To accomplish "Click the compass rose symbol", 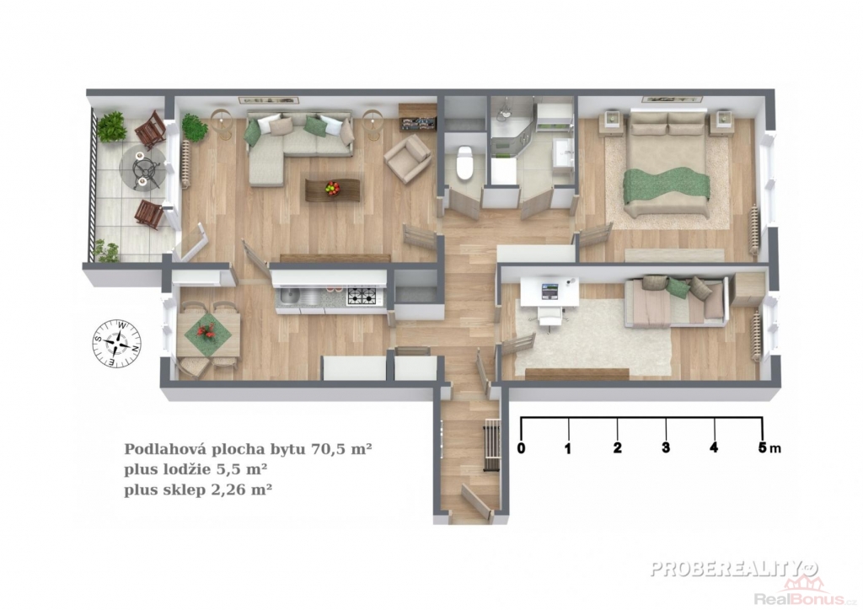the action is coord(116,343).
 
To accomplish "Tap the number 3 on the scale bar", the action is coord(666,447).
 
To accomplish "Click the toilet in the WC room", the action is coord(465,163).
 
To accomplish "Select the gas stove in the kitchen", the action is coord(362,297).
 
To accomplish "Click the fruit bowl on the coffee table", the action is coord(332,189).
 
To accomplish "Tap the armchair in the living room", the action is coord(407,158).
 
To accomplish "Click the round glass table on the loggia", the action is coord(142,167).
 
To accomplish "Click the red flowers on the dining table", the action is coord(207,330).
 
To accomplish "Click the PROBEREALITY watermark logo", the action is coord(734,568).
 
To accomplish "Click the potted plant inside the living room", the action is coord(194,127).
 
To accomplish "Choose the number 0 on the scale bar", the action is coord(521,447).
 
